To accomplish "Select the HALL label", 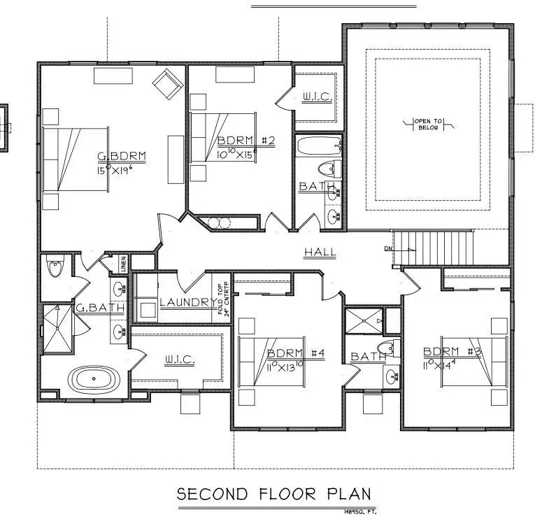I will tap(320, 252).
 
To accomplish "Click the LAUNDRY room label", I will tap(187, 302).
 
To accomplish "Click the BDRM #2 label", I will tap(245, 140).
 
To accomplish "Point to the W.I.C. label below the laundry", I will tap(180, 360).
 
